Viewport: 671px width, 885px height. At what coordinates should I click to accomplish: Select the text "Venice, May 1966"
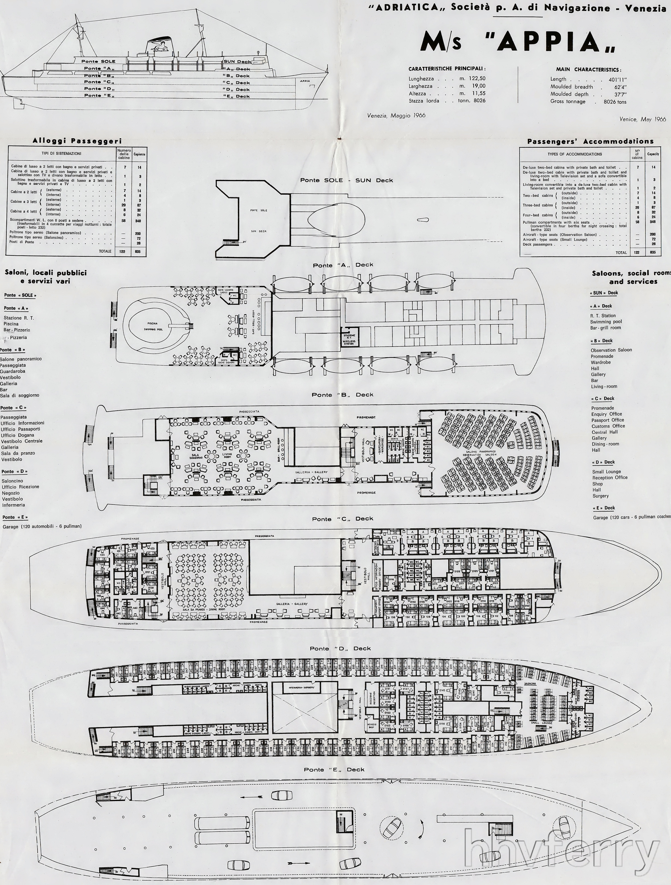coord(642,119)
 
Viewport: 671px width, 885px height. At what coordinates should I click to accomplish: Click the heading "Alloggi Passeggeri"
coord(77,141)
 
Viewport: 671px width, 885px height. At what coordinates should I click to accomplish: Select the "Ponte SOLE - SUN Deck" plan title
coord(347,180)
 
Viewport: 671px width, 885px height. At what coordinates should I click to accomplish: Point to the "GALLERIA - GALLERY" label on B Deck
coord(311,472)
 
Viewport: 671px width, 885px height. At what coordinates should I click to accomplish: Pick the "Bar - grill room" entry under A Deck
coord(606,328)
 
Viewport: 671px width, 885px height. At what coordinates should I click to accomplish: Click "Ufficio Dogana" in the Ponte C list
coord(17,435)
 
